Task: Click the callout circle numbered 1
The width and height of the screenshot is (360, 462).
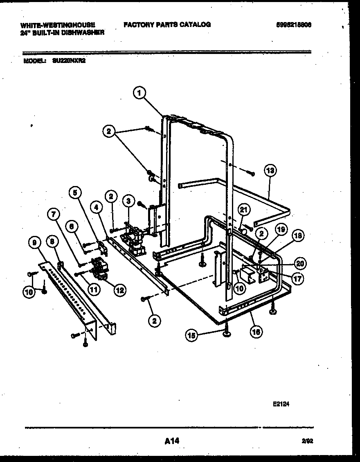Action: pos(139,93)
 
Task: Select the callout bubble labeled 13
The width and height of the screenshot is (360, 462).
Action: pos(270,170)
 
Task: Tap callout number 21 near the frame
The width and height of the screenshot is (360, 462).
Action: pos(244,210)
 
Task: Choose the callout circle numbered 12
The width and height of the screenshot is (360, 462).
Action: pos(119,290)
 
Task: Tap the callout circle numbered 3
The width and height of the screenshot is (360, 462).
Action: pos(128,201)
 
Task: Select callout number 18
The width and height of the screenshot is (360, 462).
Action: pos(299,235)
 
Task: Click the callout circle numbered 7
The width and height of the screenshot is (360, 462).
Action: pos(54,213)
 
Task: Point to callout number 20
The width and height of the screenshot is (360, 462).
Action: pos(300,263)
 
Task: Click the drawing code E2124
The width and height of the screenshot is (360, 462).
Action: pos(281,404)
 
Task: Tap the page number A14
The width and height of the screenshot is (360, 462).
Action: pos(172,441)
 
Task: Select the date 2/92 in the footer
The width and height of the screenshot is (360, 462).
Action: pos(309,442)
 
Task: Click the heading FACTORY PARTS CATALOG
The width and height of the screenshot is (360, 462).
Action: pos(167,25)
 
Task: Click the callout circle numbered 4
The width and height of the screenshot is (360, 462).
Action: pos(96,207)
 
